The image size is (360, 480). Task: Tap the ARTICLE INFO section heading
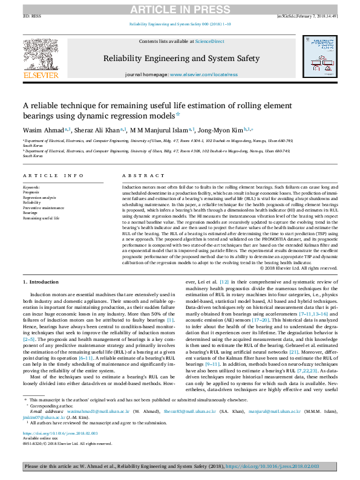pyautogui.click(x=53, y=175)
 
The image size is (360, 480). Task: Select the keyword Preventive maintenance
pyautogui.click(x=44, y=207)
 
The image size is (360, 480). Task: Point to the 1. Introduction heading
pyautogui.click(x=41, y=282)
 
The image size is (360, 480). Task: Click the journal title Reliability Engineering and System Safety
pyautogui.click(x=182, y=58)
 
